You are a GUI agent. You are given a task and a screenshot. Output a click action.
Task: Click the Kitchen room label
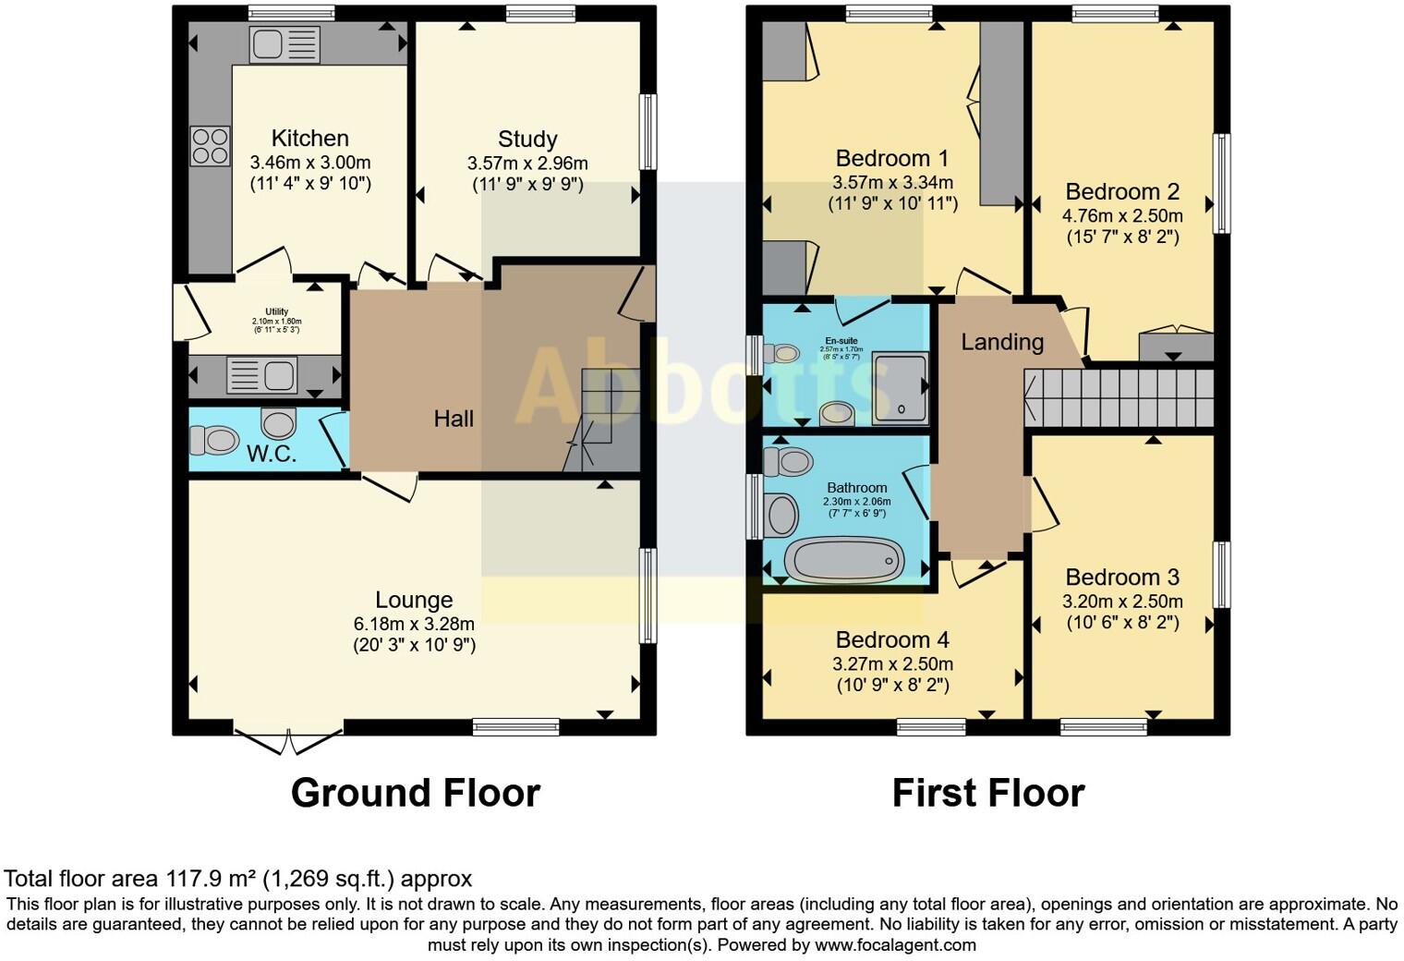click(x=309, y=139)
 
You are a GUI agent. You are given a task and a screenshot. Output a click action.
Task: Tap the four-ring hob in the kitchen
click(x=210, y=146)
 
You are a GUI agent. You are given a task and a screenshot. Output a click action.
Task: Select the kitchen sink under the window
click(x=284, y=43)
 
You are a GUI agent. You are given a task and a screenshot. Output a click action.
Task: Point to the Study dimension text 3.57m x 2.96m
click(x=527, y=164)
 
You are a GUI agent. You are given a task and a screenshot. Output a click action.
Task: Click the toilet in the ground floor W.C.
click(x=214, y=440)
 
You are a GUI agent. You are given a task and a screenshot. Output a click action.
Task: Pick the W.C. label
click(x=271, y=454)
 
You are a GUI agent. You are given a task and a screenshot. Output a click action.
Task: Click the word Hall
click(x=454, y=419)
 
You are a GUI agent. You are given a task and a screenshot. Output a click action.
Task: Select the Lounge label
click(x=414, y=600)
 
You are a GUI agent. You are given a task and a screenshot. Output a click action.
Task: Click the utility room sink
click(x=262, y=375)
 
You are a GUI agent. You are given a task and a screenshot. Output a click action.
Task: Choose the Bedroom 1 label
click(x=891, y=158)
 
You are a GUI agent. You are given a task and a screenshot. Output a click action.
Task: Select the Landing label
click(x=1002, y=342)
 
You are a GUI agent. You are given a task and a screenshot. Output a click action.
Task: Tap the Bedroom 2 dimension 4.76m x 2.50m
click(x=1122, y=215)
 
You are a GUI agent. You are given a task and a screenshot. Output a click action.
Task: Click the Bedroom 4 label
click(x=892, y=639)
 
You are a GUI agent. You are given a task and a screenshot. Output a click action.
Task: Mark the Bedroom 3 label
click(x=1122, y=578)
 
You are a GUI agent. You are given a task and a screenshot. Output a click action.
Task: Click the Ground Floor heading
click(x=415, y=793)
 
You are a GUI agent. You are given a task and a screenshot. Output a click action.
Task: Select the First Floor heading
click(x=987, y=793)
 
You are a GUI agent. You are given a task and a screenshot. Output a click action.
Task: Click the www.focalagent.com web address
click(x=895, y=944)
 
